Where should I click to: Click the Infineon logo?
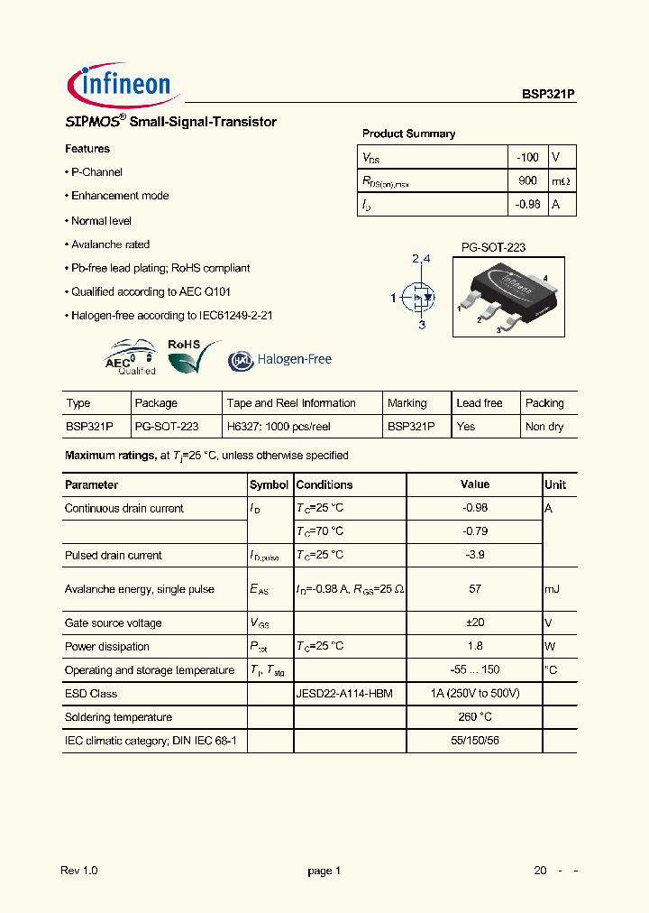click(123, 85)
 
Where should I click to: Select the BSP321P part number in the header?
click(548, 93)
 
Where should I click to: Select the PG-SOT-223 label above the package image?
click(493, 247)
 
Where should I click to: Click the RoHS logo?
click(194, 355)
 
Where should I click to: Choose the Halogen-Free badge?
click(279, 359)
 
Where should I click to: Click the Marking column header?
click(407, 403)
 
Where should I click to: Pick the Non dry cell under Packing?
click(544, 427)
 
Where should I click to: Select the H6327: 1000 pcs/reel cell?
click(290, 427)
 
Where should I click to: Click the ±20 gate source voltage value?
click(475, 623)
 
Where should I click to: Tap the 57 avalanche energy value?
click(475, 589)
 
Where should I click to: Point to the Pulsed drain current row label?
click(114, 556)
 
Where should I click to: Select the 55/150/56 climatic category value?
click(475, 741)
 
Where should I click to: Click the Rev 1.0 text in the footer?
click(79, 871)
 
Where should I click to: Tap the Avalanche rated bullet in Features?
click(110, 244)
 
